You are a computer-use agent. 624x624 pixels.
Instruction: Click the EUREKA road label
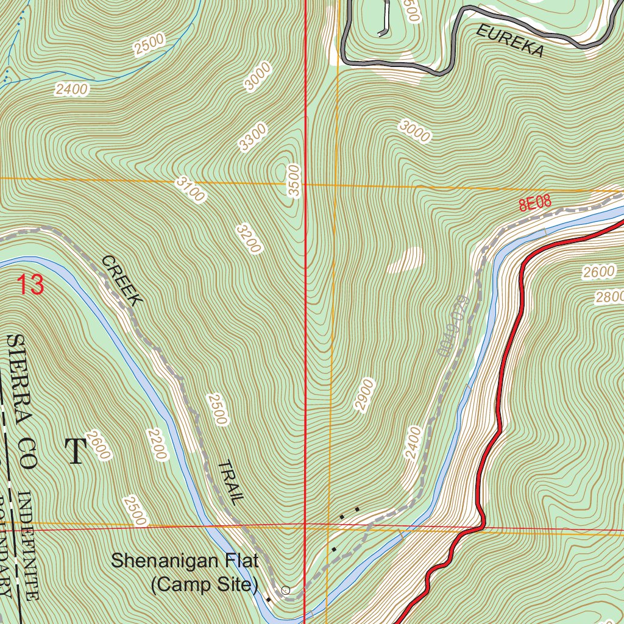click(509, 41)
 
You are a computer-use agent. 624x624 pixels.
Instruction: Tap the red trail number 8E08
click(535, 203)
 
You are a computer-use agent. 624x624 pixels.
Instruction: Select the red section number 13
click(30, 285)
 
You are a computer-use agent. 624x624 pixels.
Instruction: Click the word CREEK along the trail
click(122, 280)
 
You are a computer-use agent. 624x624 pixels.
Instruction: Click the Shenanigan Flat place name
click(185, 561)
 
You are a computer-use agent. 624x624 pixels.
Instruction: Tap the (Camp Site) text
click(204, 585)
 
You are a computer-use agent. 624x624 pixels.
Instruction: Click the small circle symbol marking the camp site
click(286, 590)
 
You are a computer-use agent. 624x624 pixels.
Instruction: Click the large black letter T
click(76, 451)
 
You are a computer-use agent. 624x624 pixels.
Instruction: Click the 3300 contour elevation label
click(252, 137)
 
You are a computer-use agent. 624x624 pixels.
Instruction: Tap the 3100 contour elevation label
click(191, 190)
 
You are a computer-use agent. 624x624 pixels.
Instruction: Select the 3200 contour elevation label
click(249, 238)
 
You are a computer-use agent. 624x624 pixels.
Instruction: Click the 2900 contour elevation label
click(363, 394)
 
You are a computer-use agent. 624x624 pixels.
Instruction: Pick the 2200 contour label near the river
click(156, 443)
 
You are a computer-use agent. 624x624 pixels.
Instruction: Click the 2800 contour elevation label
click(609, 297)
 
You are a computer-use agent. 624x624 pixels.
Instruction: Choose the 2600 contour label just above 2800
click(599, 272)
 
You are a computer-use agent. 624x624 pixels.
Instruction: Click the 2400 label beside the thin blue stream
click(71, 90)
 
